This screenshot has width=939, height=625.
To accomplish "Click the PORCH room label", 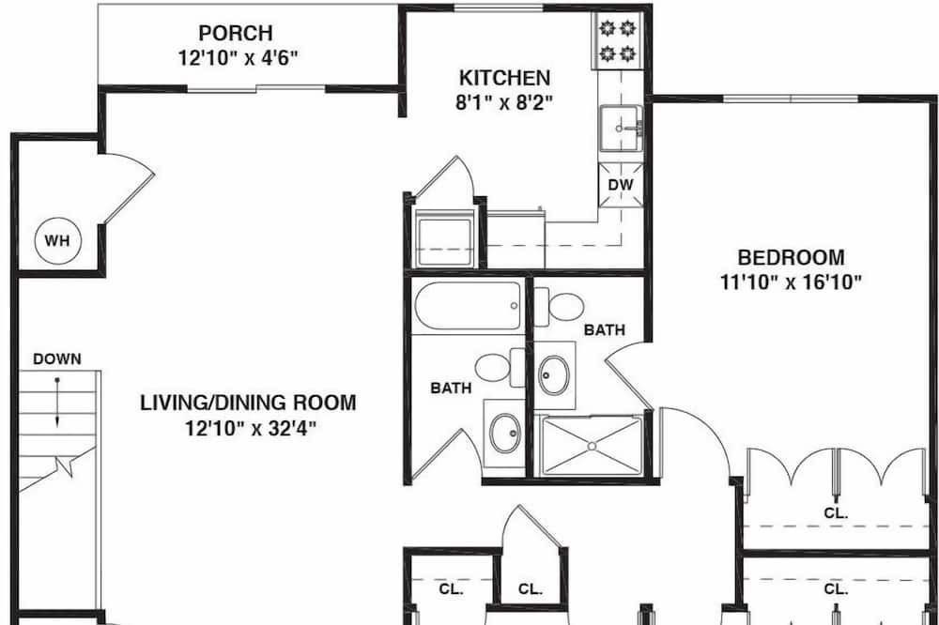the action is (x=236, y=32).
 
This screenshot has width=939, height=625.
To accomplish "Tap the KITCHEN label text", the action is (x=504, y=78).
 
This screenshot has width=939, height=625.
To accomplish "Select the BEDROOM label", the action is (x=791, y=257).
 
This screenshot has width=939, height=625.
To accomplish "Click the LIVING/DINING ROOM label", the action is (x=248, y=403).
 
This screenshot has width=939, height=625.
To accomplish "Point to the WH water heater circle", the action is (x=57, y=240).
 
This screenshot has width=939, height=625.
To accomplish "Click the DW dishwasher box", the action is (x=621, y=185).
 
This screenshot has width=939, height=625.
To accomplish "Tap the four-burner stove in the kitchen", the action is (x=618, y=41).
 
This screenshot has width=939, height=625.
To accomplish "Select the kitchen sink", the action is (x=621, y=129).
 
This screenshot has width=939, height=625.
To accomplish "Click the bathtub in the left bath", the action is (x=467, y=306).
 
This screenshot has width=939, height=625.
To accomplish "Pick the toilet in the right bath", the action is (x=560, y=307).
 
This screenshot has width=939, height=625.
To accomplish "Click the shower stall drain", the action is (x=592, y=446).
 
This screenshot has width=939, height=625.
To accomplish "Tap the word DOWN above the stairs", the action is (x=57, y=359).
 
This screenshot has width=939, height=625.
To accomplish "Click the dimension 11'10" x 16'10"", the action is (x=791, y=282).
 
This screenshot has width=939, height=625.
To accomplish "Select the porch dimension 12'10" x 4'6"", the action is (x=238, y=58).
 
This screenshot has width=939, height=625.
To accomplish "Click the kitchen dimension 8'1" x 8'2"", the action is (x=503, y=102).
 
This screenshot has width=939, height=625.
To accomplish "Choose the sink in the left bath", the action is (x=505, y=433).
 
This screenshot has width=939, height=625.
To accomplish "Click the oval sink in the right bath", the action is (x=553, y=374).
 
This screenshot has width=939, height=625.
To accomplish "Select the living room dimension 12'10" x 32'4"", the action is (x=251, y=429).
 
